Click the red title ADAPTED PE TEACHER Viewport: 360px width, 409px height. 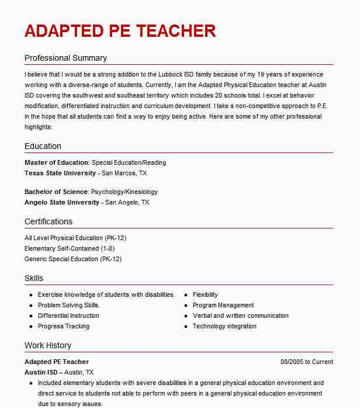[x=120, y=30]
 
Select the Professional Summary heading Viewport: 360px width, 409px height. [x=65, y=58]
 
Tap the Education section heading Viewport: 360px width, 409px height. [x=43, y=146]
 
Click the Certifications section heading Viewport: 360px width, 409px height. [x=49, y=221]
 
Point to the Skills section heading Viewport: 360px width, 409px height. [x=34, y=278]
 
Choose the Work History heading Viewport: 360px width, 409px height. [x=48, y=345]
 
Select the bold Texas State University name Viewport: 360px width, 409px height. [x=60, y=173]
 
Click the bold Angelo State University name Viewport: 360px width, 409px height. [x=62, y=202]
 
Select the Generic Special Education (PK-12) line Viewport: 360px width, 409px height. [x=73, y=259]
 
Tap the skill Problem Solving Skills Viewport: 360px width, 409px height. [x=69, y=305]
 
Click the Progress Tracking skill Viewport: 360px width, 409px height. [x=64, y=326]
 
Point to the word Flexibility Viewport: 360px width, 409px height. [x=205, y=294]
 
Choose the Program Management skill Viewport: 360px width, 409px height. [x=223, y=305]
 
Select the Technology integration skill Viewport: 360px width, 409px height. [x=224, y=326]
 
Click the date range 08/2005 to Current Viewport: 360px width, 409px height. [x=307, y=362]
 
